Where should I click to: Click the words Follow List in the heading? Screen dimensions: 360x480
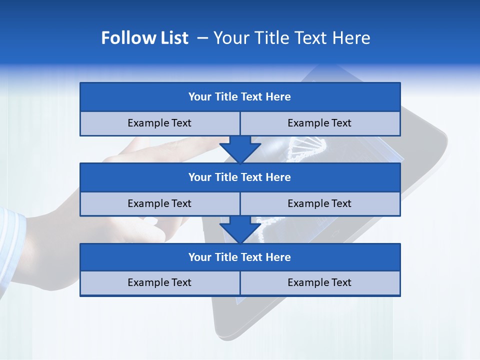pyautogui.click(x=144, y=38)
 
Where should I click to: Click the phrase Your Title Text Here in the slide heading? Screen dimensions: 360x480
pyautogui.click(x=292, y=38)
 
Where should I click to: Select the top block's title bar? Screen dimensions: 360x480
pyautogui.click(x=240, y=97)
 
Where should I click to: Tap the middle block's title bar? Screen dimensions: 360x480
pyautogui.click(x=240, y=177)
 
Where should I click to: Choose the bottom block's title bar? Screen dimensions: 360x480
pyautogui.click(x=240, y=257)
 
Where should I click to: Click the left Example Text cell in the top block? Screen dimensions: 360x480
pyautogui.click(x=159, y=123)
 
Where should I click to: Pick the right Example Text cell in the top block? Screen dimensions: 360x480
pyautogui.click(x=320, y=123)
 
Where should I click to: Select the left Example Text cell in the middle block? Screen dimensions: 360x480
pyautogui.click(x=159, y=204)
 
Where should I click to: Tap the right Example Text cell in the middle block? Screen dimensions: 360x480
pyautogui.click(x=320, y=204)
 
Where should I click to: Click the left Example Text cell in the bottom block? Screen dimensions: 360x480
pyautogui.click(x=159, y=283)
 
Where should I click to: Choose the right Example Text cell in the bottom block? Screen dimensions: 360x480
pyautogui.click(x=320, y=283)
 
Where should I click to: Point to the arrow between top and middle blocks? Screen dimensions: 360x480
pyautogui.click(x=240, y=149)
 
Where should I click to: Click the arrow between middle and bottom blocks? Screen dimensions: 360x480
pyautogui.click(x=240, y=229)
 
